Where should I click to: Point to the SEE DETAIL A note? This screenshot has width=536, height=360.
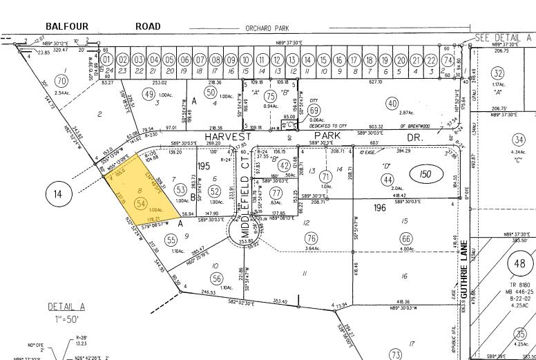504,37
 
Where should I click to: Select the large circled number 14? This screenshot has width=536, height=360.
58,195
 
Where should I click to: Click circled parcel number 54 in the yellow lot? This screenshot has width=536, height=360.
141,203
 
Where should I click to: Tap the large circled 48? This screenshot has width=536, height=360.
521,264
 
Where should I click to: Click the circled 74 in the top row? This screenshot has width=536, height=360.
447,59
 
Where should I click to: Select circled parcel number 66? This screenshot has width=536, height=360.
405,238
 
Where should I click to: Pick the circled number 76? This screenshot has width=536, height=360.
311,238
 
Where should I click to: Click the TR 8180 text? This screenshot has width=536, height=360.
520,286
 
